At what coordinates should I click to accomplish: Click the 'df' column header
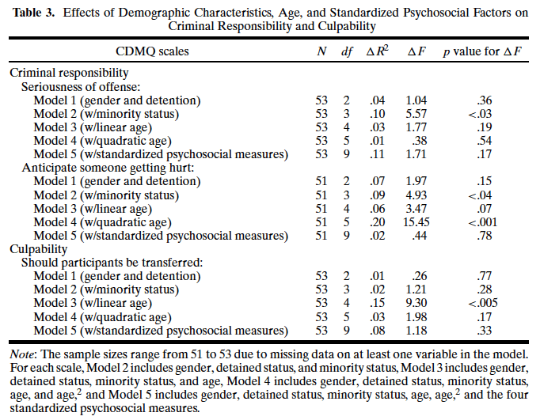[x=347, y=52]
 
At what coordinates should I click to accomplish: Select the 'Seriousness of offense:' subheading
[x=82, y=86]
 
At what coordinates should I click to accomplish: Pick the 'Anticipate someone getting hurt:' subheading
[x=105, y=167]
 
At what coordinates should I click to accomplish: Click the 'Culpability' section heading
[x=39, y=248]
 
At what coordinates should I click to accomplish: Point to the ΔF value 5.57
[x=416, y=113]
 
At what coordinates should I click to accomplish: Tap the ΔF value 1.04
[x=416, y=100]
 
